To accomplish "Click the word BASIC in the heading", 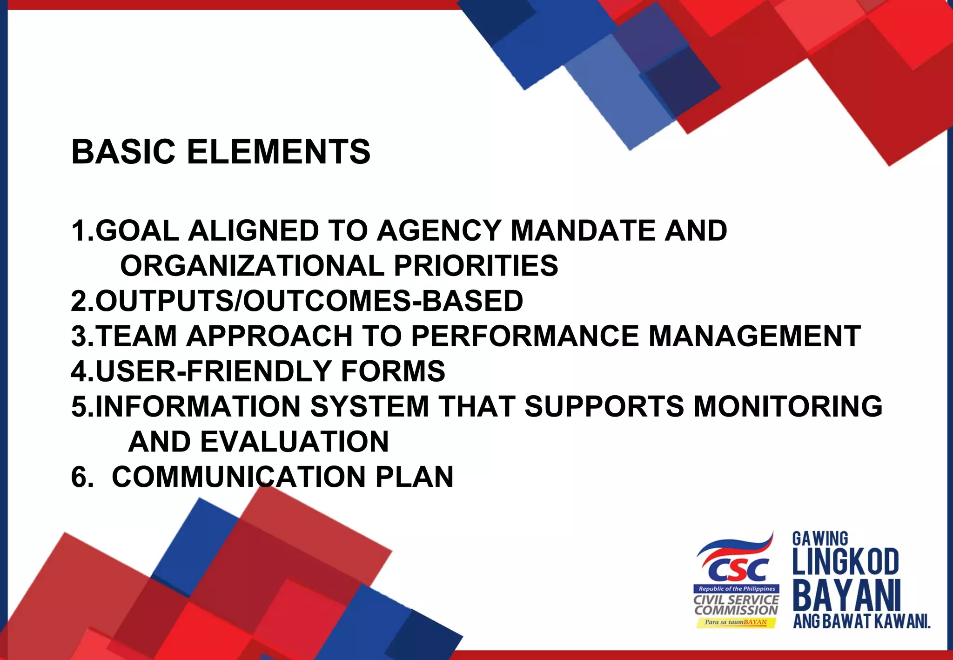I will pos(123,152).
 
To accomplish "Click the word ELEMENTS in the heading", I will pos(278,152).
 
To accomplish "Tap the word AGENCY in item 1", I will pos(439,230).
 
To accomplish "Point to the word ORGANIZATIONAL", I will pos(252,266).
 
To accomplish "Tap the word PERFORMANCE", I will pos(525,336).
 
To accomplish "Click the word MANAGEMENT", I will pos(754,336).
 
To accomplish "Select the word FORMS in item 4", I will pos(393,371).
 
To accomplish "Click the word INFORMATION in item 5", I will pos(198,406).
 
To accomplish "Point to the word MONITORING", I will pos(788,406).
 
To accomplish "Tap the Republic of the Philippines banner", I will pos(737,589).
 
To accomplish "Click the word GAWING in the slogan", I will pos(820,539).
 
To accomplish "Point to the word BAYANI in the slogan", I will pos(846,596).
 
